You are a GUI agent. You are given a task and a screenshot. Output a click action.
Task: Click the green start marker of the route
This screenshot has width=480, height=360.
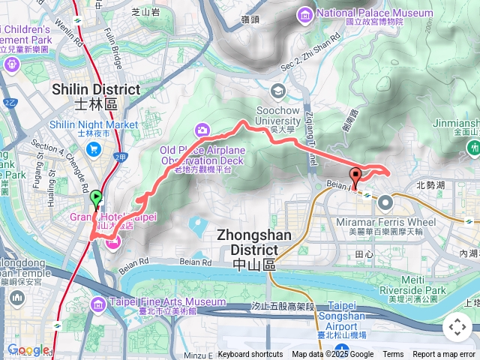coord(96,199)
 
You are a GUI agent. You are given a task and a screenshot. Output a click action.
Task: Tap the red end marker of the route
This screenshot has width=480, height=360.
coord(355,177)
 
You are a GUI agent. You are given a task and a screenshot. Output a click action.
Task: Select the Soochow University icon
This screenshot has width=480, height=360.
coord(279,91)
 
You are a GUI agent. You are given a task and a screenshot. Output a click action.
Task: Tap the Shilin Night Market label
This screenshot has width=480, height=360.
coord(94,124)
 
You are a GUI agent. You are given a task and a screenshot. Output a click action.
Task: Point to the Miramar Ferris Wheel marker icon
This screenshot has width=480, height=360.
coord(385,202)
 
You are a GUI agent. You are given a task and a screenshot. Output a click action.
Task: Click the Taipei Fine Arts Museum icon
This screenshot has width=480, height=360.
coord(98,303)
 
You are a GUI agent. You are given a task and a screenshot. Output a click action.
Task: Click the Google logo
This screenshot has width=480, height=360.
coord(28,349)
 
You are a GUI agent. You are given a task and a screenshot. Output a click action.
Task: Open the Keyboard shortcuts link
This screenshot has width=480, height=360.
coord(250,355)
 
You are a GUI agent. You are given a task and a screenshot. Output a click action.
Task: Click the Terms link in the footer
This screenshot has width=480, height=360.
coord(393,355)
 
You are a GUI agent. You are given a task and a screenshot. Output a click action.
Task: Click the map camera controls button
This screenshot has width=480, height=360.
coord(457,327)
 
